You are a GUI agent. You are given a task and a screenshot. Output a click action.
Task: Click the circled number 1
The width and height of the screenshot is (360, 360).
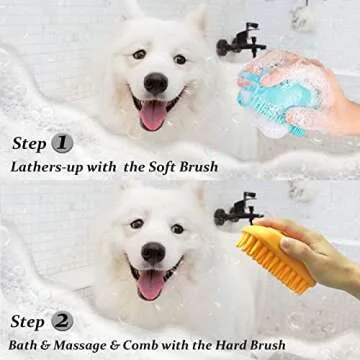tap(62, 142)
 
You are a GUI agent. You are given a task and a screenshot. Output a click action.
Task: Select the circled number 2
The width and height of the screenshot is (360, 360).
tap(62, 322)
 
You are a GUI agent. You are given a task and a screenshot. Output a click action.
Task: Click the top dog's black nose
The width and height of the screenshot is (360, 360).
tap(156, 84)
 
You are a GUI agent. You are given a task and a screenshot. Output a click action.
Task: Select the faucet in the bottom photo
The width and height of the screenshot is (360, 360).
tap(238, 210)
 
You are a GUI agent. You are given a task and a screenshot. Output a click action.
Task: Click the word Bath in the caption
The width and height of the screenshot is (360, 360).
tap(26, 346)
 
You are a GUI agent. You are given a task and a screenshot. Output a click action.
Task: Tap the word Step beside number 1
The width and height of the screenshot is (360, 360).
tap(27, 143)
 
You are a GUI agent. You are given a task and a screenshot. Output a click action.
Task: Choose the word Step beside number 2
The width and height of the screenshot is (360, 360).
tap(27, 323)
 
